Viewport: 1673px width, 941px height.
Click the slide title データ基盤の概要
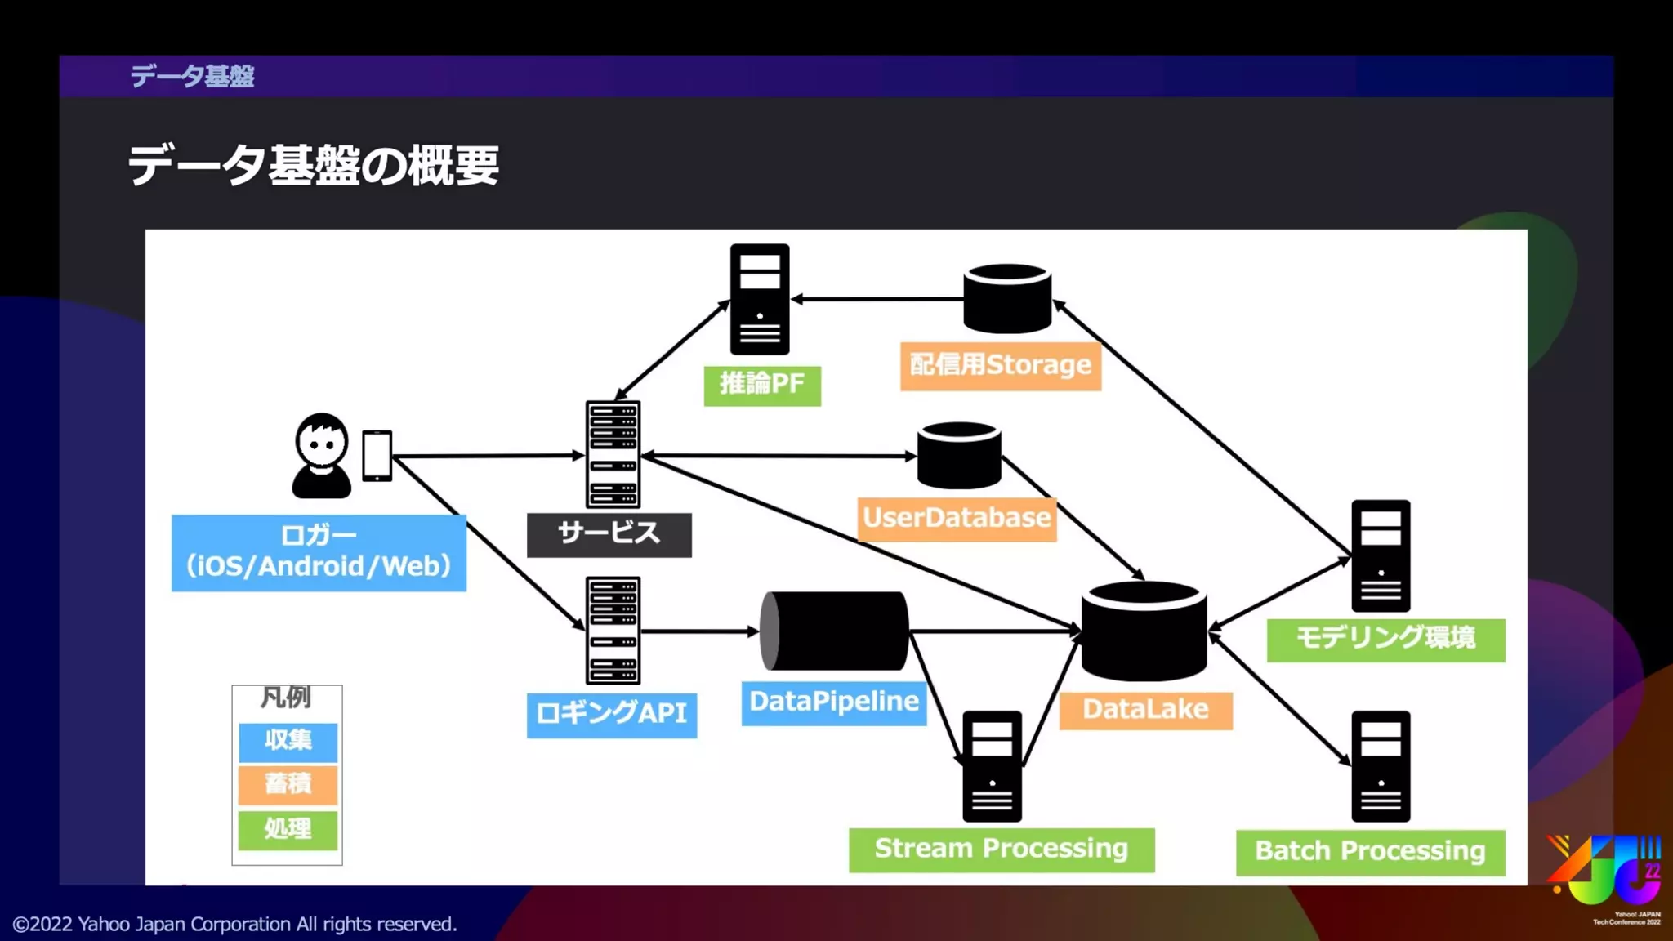click(313, 166)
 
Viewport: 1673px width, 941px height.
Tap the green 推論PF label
click(761, 384)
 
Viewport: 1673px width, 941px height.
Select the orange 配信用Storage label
click(1000, 365)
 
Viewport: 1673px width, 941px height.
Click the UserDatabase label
click(956, 518)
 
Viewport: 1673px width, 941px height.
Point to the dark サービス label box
click(609, 534)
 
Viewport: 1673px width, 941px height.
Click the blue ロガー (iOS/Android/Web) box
click(319, 552)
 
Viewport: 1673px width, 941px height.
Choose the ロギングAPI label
click(611, 714)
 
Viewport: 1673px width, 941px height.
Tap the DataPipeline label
click(833, 702)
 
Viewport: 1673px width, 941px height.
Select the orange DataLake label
click(1145, 709)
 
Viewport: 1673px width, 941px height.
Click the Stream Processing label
click(1001, 850)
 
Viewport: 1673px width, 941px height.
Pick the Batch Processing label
click(1370, 852)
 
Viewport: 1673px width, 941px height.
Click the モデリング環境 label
click(1385, 638)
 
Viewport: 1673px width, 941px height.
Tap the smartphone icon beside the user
click(377, 455)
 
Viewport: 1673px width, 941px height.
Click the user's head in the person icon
click(321, 440)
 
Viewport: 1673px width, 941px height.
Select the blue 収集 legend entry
click(288, 741)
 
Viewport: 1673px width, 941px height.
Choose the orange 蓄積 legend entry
click(288, 784)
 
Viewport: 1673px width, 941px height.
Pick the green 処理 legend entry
click(288, 829)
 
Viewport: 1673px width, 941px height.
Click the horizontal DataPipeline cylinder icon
click(833, 631)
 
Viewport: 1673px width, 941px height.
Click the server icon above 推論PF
click(760, 299)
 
